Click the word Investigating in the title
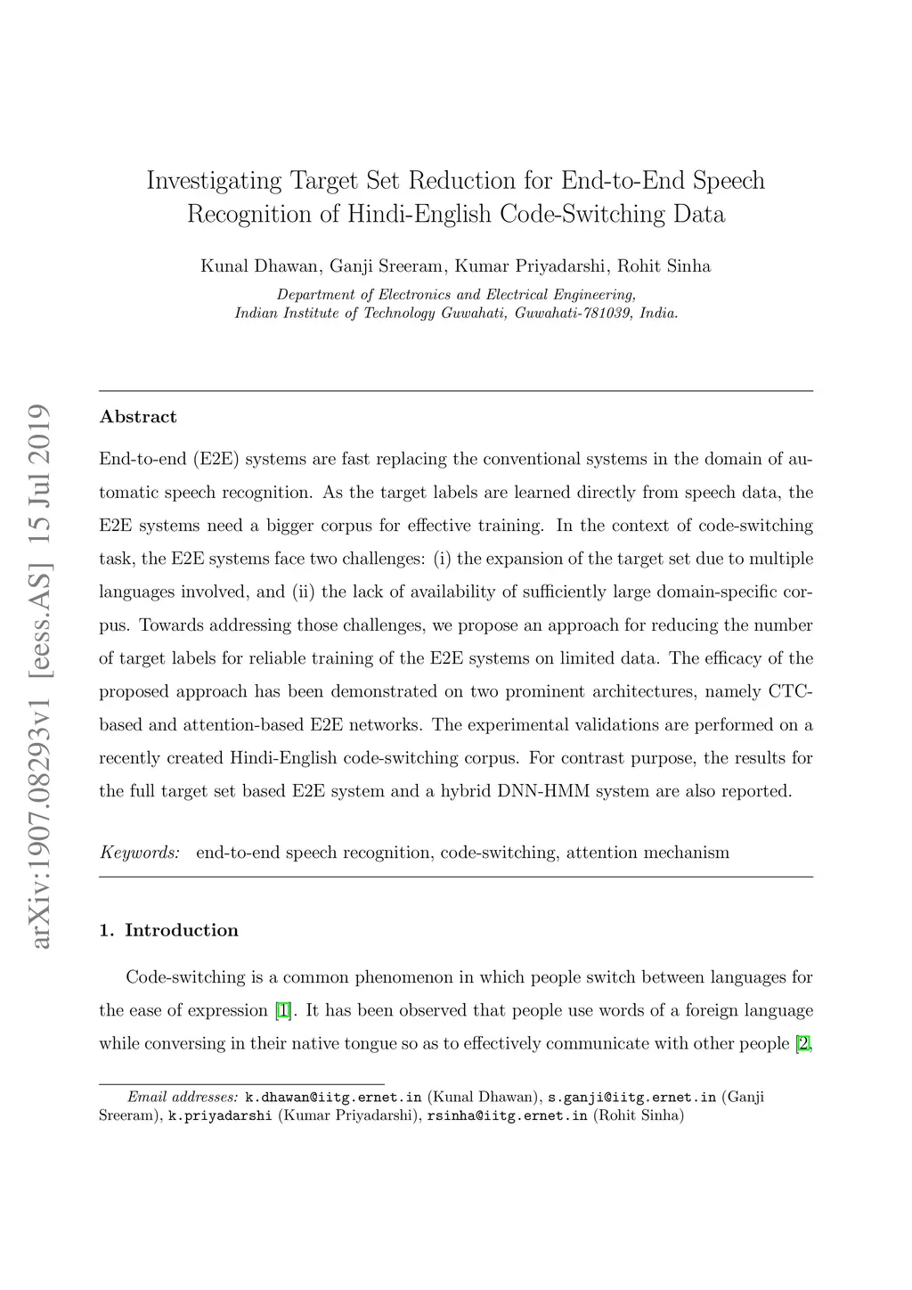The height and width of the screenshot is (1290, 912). point(214,181)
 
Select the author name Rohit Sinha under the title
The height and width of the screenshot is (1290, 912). point(664,265)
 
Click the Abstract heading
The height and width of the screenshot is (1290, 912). point(138,417)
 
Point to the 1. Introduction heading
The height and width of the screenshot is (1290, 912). point(169,931)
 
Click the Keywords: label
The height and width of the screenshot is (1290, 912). point(140,853)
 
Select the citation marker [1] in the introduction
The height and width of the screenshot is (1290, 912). point(283,1010)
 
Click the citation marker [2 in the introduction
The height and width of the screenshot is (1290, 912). point(803,1043)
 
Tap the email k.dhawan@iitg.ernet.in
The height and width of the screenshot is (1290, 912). point(332,1097)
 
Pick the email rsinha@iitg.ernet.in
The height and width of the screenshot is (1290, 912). point(507,1114)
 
